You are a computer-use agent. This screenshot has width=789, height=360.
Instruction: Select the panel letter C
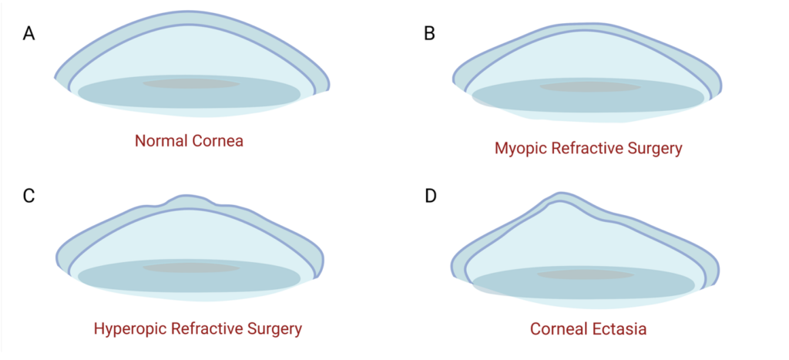pyautogui.click(x=29, y=195)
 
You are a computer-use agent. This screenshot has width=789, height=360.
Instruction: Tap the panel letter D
pyautogui.click(x=431, y=195)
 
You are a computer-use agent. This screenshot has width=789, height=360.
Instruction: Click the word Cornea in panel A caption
pyautogui.click(x=217, y=141)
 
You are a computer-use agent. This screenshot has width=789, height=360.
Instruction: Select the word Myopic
pyautogui.click(x=520, y=148)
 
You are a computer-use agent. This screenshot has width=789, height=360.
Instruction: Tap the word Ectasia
pyautogui.click(x=617, y=328)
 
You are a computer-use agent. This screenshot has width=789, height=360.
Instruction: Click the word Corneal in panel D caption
pyautogui.click(x=557, y=328)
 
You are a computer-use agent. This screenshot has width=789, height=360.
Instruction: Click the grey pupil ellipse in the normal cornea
pyautogui.click(x=190, y=83)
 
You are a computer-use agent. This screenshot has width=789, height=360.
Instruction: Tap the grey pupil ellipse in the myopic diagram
pyautogui.click(x=589, y=87)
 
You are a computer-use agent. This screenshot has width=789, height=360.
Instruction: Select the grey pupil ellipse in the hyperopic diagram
pyautogui.click(x=191, y=268)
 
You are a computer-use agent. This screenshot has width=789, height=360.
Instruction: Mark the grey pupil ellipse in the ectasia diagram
pyautogui.click(x=586, y=274)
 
